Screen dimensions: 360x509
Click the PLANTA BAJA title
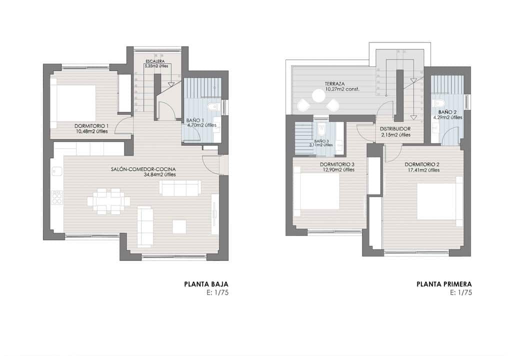(206, 284)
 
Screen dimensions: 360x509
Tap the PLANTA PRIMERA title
(443, 284)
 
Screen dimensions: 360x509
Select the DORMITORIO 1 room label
(91, 125)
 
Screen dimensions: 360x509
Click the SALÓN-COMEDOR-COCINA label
(143, 169)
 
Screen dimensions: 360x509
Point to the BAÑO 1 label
(196, 120)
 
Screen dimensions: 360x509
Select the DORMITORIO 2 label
(422, 164)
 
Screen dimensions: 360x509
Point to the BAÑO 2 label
(447, 112)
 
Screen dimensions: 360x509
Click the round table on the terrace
(318, 95)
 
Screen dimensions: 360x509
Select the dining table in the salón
(108, 201)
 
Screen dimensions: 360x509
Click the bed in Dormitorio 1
(76, 103)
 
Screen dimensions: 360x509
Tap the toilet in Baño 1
(212, 106)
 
